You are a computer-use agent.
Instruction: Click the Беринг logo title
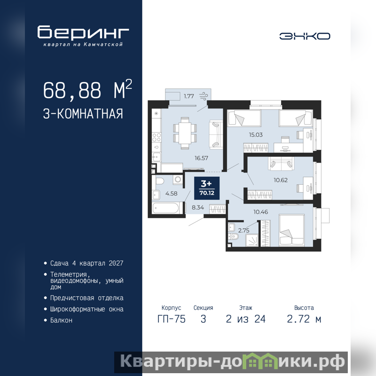[83, 32]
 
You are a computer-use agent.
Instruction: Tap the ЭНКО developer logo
[305, 36]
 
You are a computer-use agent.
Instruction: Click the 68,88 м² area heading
[87, 89]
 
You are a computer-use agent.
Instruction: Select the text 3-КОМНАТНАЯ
[83, 114]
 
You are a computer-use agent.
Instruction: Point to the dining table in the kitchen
[185, 133]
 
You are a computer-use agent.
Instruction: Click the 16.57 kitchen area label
[201, 158]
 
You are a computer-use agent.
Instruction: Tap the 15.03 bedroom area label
[256, 135]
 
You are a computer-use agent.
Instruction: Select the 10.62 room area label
[281, 180]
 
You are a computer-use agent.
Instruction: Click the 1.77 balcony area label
[189, 96]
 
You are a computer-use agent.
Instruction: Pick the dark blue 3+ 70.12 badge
[207, 188]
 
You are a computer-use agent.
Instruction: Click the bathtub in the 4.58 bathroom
[166, 208]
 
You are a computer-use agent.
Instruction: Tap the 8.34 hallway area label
[198, 207]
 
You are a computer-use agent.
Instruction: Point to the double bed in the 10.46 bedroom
[291, 230]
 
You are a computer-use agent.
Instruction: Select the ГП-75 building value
[172, 319]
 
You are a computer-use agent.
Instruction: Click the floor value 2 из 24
[246, 319]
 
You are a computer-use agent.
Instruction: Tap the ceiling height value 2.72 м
[304, 319]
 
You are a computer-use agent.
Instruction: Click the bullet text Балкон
[61, 321]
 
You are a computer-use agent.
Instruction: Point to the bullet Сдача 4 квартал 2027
[86, 263]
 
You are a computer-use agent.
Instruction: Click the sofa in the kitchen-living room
[216, 134]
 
